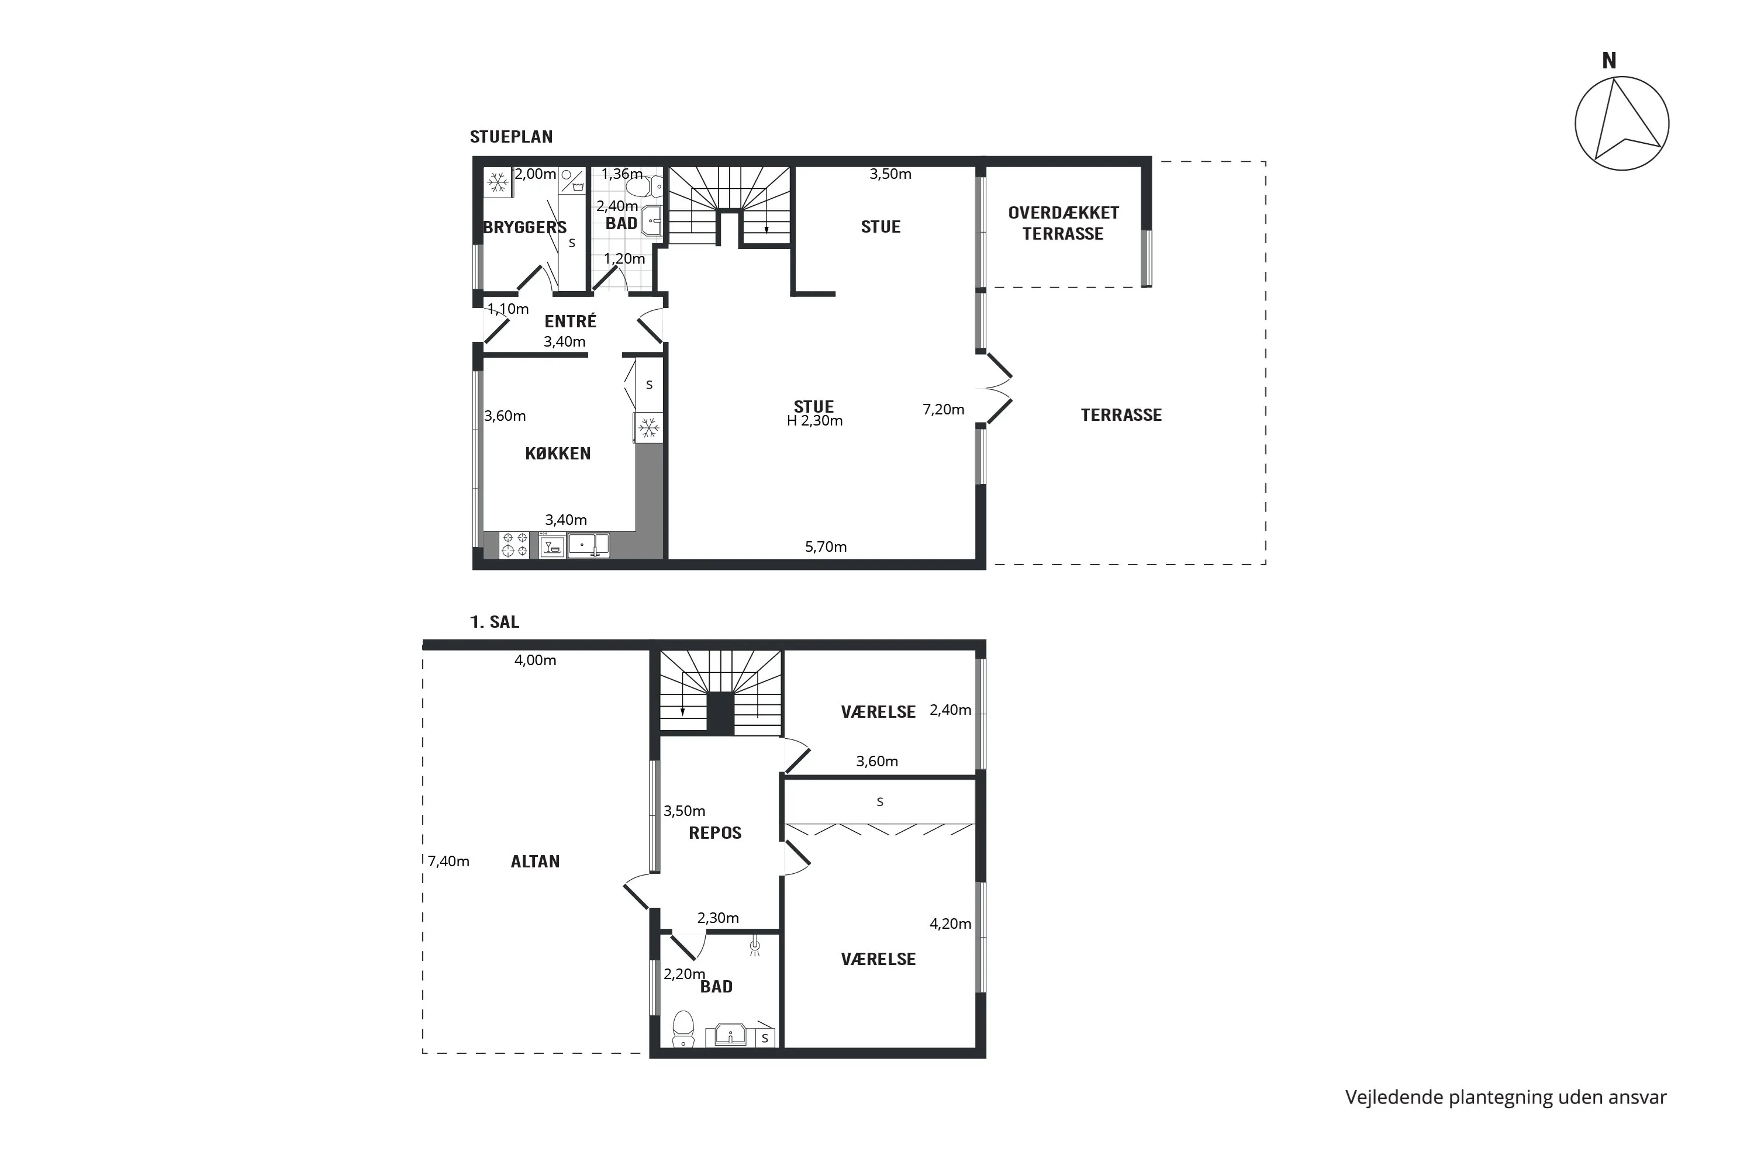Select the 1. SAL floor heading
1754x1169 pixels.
click(495, 622)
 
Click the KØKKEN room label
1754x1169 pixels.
click(558, 454)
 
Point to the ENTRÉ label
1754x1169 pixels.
click(571, 321)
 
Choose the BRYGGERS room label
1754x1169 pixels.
click(525, 227)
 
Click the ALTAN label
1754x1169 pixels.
click(536, 861)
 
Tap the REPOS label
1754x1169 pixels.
click(715, 833)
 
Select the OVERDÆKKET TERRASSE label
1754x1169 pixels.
click(1064, 223)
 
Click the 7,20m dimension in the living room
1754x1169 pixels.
click(944, 409)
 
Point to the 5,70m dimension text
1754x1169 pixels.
click(826, 547)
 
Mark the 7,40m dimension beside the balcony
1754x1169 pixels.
click(448, 861)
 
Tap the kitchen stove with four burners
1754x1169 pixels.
click(514, 544)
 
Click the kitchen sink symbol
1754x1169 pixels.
click(588, 545)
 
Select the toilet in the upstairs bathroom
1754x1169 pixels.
click(683, 1028)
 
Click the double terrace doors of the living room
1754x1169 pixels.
click(997, 389)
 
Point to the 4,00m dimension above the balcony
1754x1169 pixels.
click(536, 660)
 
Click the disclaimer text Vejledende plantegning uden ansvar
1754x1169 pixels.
click(1506, 1098)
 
